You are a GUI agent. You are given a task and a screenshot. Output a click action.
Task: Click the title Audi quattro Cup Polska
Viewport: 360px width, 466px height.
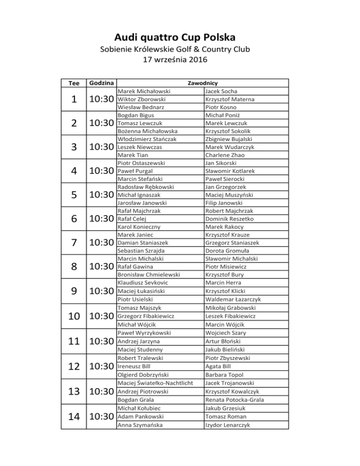[180, 37]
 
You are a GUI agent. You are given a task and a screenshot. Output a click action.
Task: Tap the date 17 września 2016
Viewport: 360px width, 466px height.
[180, 60]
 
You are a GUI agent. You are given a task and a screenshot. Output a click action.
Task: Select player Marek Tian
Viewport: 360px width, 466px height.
[134, 155]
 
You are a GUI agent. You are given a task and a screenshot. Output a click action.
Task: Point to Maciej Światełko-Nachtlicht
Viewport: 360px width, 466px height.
[155, 383]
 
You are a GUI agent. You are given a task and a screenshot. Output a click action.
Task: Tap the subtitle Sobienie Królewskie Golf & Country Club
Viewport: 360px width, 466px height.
[180, 49]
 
